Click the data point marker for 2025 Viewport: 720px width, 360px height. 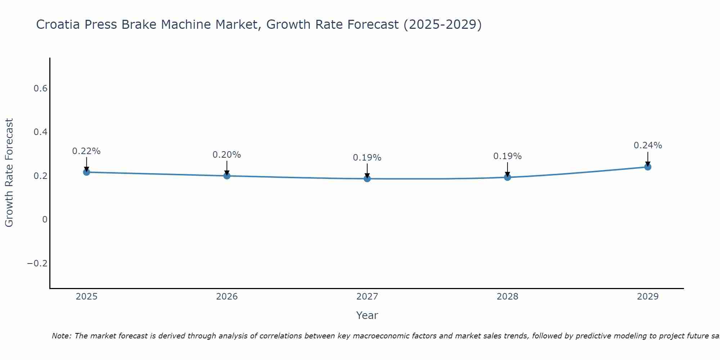(86, 172)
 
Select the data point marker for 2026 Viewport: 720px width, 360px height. (227, 176)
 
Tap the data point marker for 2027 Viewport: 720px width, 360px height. (367, 179)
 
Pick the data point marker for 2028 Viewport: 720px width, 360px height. (507, 177)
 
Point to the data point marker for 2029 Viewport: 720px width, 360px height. (648, 167)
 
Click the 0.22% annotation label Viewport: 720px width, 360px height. (86, 151)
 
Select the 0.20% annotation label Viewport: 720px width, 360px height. (227, 155)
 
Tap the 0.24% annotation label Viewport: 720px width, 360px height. (648, 145)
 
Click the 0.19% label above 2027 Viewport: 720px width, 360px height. (367, 158)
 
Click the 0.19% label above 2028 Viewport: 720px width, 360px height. (507, 156)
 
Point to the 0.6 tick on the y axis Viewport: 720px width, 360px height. (40, 89)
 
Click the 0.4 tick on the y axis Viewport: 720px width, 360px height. (40, 132)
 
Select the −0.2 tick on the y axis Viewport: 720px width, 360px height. (37, 264)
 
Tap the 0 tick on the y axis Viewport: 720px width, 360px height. (45, 220)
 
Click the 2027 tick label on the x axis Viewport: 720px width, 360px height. (367, 297)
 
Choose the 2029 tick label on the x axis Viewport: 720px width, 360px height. (648, 297)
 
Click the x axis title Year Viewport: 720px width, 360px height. (367, 316)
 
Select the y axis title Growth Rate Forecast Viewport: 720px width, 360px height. (9, 173)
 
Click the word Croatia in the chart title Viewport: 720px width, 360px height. (58, 25)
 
